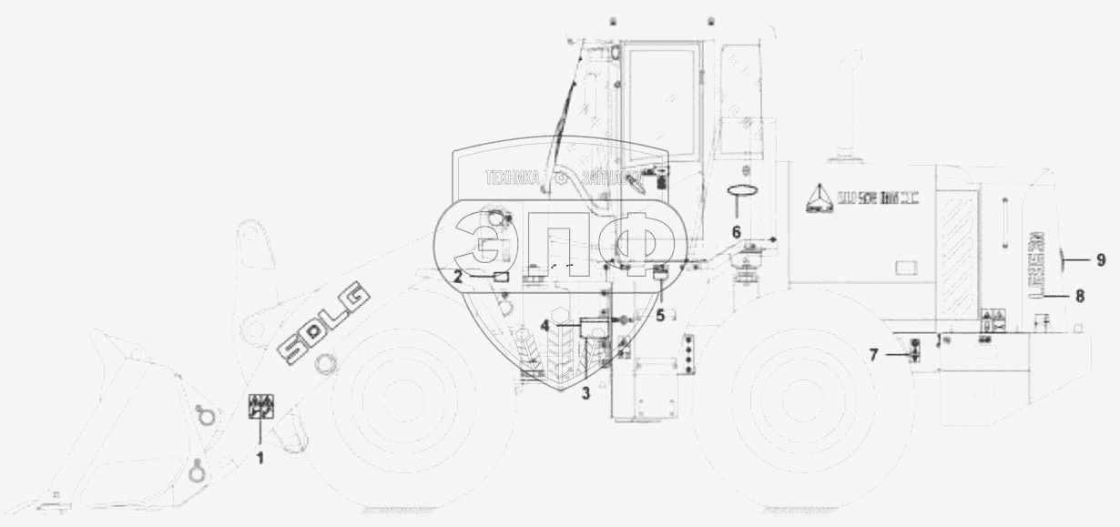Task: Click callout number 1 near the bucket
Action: tap(260, 459)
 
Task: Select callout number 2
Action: tap(458, 279)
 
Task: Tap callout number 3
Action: tap(585, 393)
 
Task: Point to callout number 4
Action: tap(545, 324)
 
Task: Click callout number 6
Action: tap(737, 231)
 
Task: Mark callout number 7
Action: tap(874, 354)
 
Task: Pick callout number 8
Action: tap(1080, 296)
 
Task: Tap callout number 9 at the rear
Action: tap(1100, 260)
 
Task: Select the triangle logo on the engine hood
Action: tap(816, 198)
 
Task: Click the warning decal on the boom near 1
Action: tap(260, 407)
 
